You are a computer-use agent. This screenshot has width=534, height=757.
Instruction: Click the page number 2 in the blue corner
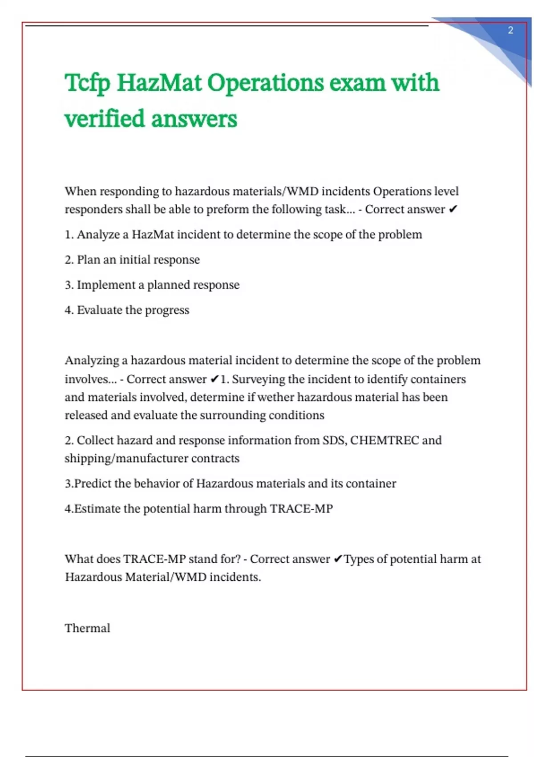tap(510, 30)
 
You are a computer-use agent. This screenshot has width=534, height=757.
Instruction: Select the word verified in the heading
tap(105, 119)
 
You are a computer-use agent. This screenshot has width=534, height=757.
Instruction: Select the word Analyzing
tap(92, 361)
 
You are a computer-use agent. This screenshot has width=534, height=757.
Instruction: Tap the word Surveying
tap(259, 379)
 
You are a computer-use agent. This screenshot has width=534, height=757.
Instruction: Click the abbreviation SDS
tap(334, 440)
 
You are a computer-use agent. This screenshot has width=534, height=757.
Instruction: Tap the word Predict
tap(93, 484)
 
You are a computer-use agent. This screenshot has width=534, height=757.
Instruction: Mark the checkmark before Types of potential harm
tap(338, 559)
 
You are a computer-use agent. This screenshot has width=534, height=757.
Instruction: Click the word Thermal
tap(87, 628)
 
